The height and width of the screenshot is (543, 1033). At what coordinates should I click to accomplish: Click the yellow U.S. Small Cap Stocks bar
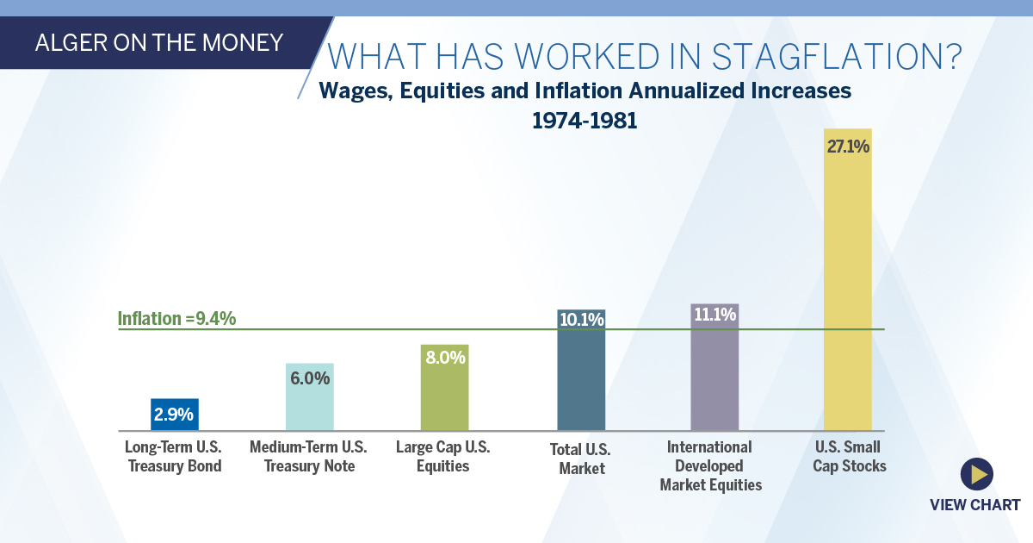[848, 279]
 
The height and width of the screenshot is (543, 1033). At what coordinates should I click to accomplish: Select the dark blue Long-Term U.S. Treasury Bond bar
[175, 415]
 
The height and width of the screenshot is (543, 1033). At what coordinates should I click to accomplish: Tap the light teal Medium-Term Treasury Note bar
[310, 397]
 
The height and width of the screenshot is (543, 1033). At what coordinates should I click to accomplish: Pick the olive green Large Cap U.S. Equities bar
[444, 387]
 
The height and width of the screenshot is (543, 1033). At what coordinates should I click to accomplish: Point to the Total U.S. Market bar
[581, 370]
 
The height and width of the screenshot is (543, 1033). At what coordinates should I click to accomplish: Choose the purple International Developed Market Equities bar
[714, 367]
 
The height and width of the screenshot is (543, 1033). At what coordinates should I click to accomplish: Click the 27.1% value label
[848, 147]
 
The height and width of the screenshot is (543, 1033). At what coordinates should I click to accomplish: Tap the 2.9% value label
[174, 415]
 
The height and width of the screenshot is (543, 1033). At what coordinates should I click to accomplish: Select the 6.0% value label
[310, 378]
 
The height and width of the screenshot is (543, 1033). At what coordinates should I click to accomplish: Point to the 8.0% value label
[446, 358]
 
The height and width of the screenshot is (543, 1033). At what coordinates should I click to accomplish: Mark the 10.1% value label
[582, 320]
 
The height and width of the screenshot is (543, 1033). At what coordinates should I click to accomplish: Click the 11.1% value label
[714, 315]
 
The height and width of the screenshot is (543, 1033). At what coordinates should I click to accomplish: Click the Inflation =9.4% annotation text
[176, 319]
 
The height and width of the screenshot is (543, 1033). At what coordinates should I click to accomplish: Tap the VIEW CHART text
[974, 505]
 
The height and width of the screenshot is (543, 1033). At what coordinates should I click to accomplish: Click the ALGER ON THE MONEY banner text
[159, 43]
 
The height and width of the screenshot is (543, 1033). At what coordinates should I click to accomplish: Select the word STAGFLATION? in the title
[837, 57]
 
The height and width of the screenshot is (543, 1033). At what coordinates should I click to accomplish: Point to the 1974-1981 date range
[585, 121]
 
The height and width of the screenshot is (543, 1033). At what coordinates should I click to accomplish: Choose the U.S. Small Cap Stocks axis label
[849, 456]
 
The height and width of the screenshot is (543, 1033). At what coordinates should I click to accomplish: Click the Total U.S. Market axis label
[580, 459]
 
